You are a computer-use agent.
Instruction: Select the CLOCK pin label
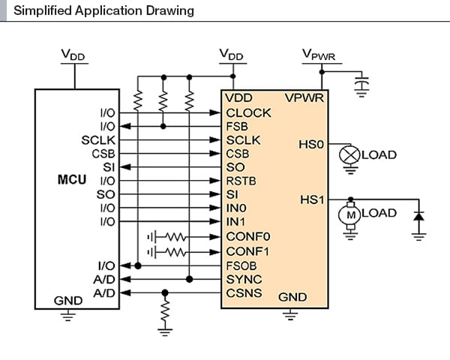[248, 113]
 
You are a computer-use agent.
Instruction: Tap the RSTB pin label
[241, 181]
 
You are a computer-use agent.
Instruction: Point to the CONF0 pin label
[247, 237]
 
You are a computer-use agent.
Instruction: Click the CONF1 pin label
[247, 250]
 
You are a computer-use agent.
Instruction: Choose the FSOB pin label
[242, 265]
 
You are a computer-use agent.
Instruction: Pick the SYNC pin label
[243, 279]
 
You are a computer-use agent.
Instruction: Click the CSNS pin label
[244, 292]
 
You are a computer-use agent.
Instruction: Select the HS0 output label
[310, 143]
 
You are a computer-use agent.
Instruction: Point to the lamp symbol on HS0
[349, 154]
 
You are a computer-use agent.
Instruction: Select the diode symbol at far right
[418, 217]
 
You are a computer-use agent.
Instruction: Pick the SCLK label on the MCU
[97, 139]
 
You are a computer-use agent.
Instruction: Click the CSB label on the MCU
[103, 153]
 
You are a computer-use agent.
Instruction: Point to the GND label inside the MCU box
[67, 300]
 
